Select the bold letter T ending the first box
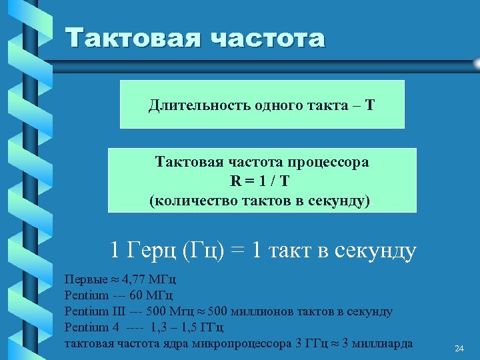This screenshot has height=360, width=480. pyautogui.click(x=370, y=105)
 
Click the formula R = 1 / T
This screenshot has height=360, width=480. pyautogui.click(x=261, y=181)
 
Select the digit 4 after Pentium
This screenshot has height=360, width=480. pyautogui.click(x=115, y=327)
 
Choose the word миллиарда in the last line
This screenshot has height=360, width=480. pyautogui.click(x=382, y=343)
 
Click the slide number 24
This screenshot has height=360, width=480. pyautogui.click(x=459, y=349)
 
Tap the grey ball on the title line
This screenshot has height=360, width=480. pyautogui.click(x=476, y=63)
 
